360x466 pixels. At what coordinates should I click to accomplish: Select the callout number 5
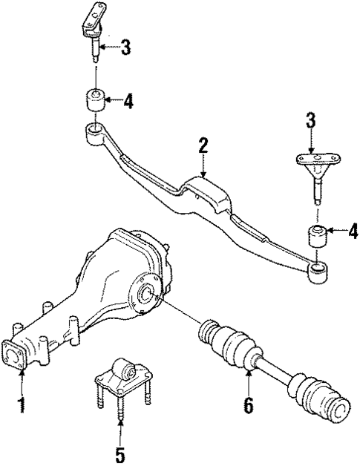pos(120,452)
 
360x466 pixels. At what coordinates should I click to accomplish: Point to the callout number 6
pos(249,406)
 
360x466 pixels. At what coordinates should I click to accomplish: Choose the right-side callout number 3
pos(310,122)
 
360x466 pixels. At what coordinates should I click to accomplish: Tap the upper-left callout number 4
pos(128,102)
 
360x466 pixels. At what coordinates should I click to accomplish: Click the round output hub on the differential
pos(146,298)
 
